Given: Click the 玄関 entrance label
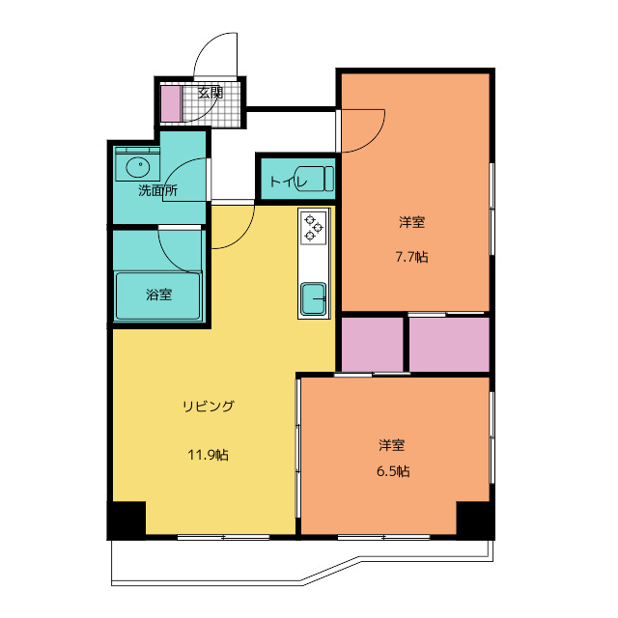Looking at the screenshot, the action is (x=211, y=93).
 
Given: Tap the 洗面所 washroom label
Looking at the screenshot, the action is (x=157, y=191).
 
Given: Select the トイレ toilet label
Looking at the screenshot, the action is (x=288, y=182).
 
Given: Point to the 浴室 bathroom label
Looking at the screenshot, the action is (x=158, y=295).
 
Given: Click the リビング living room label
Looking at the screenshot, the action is (x=209, y=406).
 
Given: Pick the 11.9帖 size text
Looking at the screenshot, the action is (x=209, y=455).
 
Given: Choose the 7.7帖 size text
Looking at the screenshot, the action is (x=412, y=257).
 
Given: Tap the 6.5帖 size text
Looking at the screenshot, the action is (x=393, y=471).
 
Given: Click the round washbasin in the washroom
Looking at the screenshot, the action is (x=137, y=167).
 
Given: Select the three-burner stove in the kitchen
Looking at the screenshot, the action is (x=314, y=228).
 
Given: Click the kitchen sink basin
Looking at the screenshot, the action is (x=313, y=299).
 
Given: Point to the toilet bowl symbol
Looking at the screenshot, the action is (x=314, y=180).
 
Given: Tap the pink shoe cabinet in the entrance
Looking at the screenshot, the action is (x=171, y=103).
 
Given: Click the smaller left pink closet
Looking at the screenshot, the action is (x=372, y=344).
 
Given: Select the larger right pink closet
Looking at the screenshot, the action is (x=449, y=344).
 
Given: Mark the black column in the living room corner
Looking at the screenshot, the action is (x=126, y=520).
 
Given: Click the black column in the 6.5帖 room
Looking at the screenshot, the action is (x=475, y=520).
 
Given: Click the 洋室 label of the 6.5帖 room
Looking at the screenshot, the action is (x=392, y=445).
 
